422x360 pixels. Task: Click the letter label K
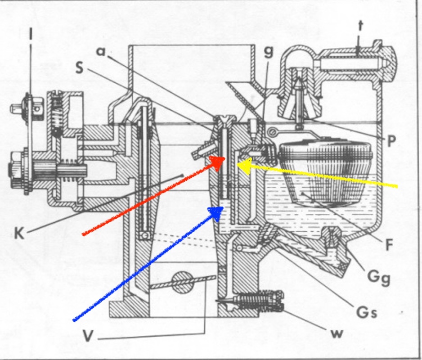click(x=18, y=233)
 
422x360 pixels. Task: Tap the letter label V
click(x=90, y=336)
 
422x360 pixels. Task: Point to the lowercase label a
click(x=101, y=51)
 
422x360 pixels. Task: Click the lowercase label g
click(x=269, y=51)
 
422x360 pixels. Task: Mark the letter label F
click(x=389, y=245)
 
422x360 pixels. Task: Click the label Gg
click(x=378, y=275)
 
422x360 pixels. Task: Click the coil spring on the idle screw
click(x=256, y=299)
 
